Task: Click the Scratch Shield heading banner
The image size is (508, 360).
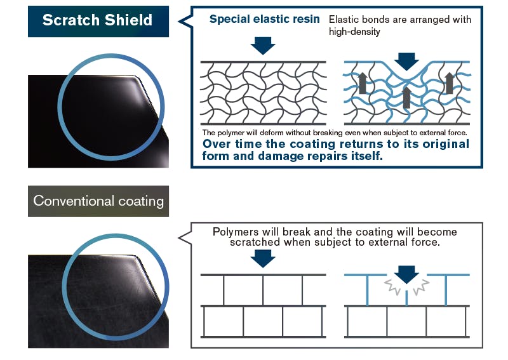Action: click(98, 20)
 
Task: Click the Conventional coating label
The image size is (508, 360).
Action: click(98, 201)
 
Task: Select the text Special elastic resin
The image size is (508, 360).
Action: click(265, 19)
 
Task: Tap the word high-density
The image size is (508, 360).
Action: click(354, 32)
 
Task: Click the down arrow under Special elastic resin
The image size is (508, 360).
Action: click(263, 45)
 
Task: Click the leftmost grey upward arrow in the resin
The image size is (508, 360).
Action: click(363, 83)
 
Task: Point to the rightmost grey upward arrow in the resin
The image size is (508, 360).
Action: click(450, 83)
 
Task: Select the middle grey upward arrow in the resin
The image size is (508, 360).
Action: click(406, 97)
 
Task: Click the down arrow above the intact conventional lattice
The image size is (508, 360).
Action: click(263, 258)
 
